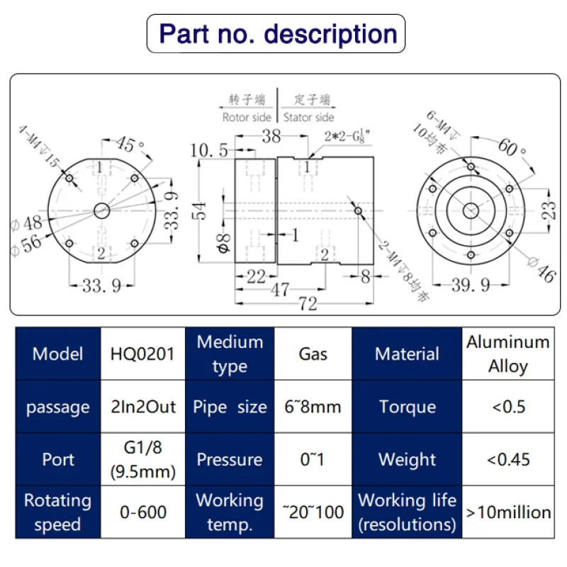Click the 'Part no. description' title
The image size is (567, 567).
coord(278,34)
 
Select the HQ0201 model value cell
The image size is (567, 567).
coord(143,354)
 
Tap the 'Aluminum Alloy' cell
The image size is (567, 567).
coord(508,354)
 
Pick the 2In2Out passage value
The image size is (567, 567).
coord(143,406)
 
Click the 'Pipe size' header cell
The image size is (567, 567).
coord(230,406)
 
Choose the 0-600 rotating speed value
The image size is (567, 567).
coord(143,512)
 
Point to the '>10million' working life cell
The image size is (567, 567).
coord(508,512)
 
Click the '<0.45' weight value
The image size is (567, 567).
coord(508,459)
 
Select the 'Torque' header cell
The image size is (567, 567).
coord(407,406)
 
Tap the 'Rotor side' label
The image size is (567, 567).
coord(247,118)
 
